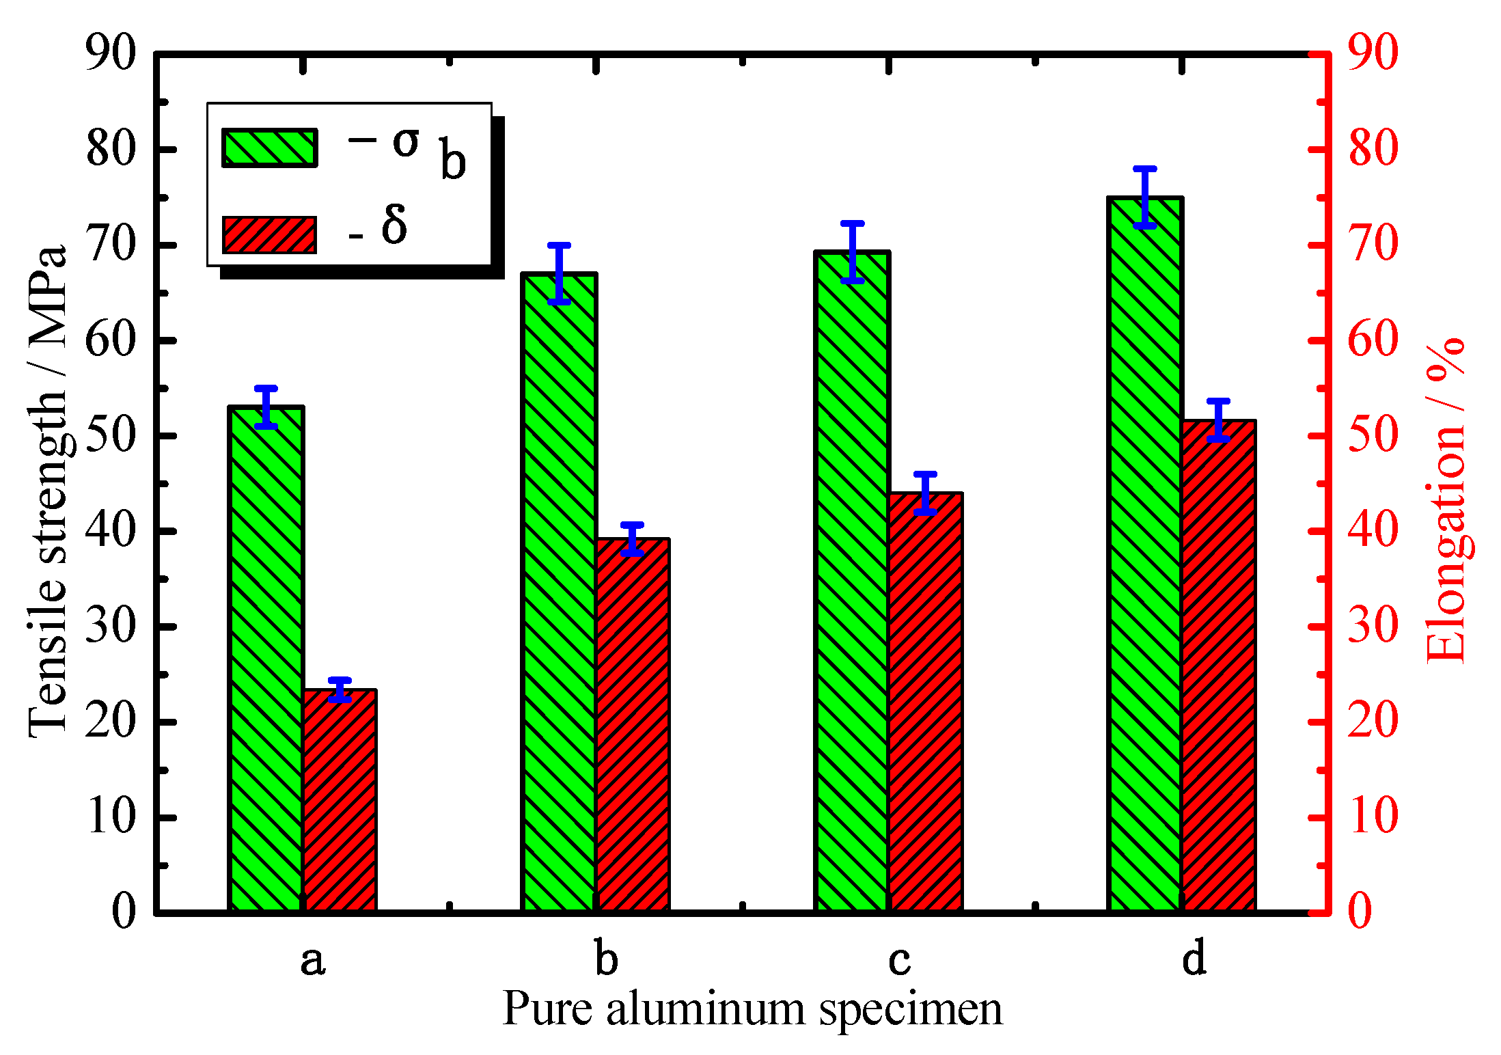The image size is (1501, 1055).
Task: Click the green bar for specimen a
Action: point(266,659)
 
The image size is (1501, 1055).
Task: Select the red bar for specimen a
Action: point(340,801)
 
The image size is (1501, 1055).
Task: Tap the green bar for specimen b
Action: point(559,592)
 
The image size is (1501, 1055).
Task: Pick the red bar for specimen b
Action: point(633,726)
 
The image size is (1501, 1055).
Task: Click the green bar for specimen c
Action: point(852,581)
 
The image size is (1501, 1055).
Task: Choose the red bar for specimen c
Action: point(925,702)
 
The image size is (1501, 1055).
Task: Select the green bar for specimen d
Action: point(1144,554)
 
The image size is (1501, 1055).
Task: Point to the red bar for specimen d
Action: point(1218,666)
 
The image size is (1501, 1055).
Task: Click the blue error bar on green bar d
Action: point(1144,197)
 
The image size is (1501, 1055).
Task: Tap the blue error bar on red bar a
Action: point(340,689)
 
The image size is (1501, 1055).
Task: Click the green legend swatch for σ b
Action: point(269,148)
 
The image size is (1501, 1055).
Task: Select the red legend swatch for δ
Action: point(269,235)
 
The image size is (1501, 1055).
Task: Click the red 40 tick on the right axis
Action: point(1372,531)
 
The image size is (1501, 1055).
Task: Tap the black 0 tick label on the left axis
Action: point(124,911)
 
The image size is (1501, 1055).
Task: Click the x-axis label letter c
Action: point(899,959)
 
